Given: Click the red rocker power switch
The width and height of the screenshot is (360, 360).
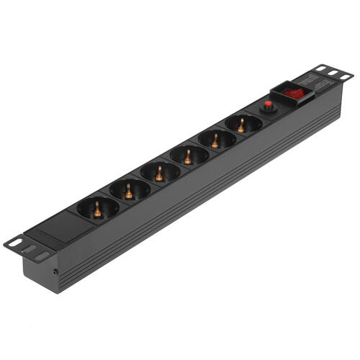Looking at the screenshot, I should pyautogui.click(x=293, y=93).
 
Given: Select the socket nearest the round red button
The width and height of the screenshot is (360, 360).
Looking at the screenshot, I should pyautogui.click(x=243, y=124).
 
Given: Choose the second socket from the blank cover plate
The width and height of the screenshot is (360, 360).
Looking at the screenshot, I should pyautogui.click(x=130, y=190).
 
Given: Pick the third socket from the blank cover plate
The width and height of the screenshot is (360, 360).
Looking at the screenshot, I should pyautogui.click(x=160, y=172).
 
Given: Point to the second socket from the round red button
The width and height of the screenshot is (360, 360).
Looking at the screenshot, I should pyautogui.click(x=217, y=139).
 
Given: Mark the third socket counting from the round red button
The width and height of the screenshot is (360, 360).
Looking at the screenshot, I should pyautogui.click(x=189, y=155).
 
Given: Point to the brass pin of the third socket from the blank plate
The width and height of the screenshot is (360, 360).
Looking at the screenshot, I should pyautogui.click(x=159, y=173).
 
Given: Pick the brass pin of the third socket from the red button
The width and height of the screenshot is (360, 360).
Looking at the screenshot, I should pyautogui.click(x=188, y=156).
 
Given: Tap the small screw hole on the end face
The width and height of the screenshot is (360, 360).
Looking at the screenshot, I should pyautogui.click(x=56, y=272).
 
